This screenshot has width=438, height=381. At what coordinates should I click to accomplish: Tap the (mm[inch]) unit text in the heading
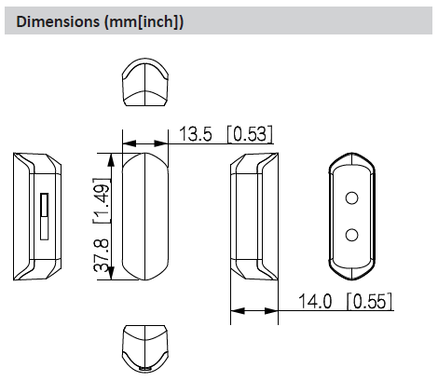tap(139, 20)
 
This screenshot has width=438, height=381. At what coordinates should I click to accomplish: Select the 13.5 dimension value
tap(195, 136)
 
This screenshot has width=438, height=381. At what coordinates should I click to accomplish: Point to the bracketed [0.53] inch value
tap(249, 136)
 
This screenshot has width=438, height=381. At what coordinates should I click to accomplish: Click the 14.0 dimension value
tap(314, 302)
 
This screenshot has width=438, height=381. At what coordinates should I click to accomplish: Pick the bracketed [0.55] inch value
tap(369, 302)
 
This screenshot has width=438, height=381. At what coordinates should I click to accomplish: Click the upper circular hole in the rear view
tap(351, 197)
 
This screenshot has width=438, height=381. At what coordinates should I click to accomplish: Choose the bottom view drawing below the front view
tap(144, 347)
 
